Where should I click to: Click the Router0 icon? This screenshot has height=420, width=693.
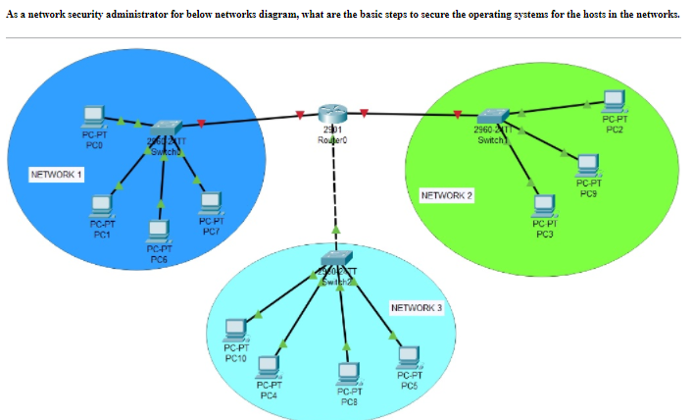click(333, 115)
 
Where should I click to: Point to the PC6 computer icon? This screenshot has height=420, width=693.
click(158, 232)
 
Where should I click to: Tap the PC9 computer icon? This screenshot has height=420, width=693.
click(588, 165)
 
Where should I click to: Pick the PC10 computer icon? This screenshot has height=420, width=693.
click(235, 330)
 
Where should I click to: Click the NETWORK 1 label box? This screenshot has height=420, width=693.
click(57, 175)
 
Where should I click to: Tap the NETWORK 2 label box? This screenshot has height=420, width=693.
click(446, 195)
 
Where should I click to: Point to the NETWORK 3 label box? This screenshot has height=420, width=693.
click(417, 308)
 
